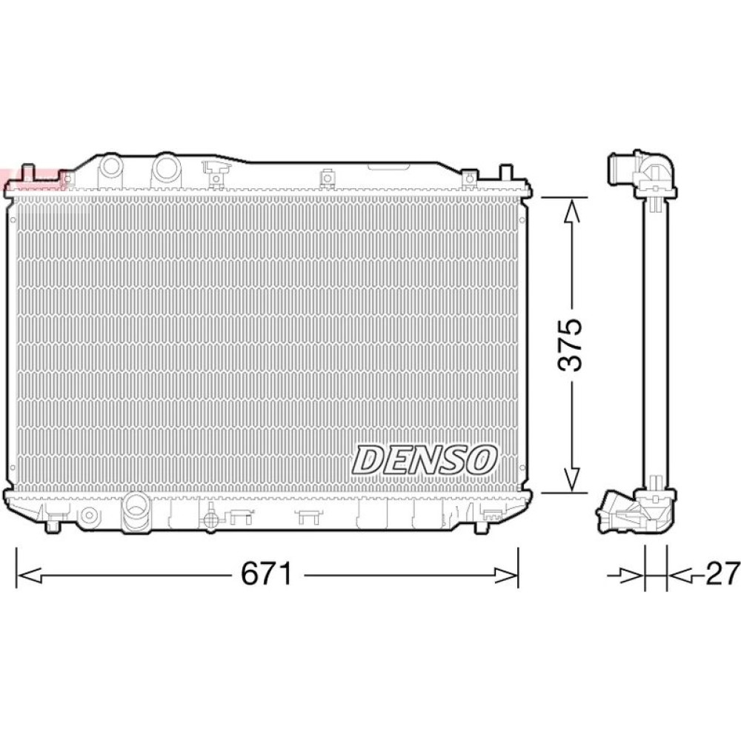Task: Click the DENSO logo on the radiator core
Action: (x=424, y=459)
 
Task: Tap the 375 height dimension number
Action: (x=571, y=345)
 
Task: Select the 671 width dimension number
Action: (x=267, y=574)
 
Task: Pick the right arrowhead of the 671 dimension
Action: (x=505, y=576)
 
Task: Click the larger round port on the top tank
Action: (x=166, y=167)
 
